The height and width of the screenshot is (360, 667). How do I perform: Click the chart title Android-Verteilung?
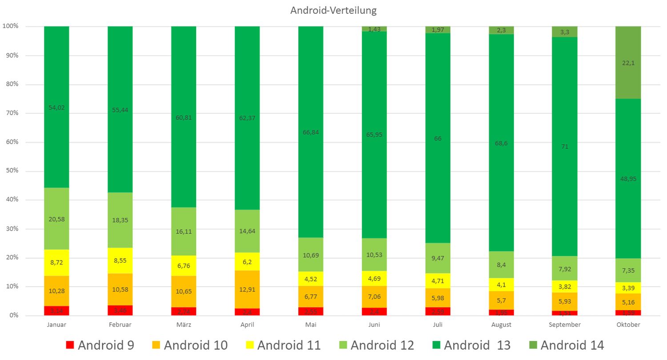pos(333,10)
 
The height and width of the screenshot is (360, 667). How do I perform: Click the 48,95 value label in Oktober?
pos(628,179)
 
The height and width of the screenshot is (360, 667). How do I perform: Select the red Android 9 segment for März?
pos(184,311)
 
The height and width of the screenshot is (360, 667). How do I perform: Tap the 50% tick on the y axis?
pos(12,171)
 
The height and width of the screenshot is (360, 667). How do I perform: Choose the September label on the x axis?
pos(565,325)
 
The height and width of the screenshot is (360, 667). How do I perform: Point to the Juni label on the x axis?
pos(374,325)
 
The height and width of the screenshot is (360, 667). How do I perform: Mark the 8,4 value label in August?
pos(501,265)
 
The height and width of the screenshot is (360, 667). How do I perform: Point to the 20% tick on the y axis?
pos(12,258)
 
